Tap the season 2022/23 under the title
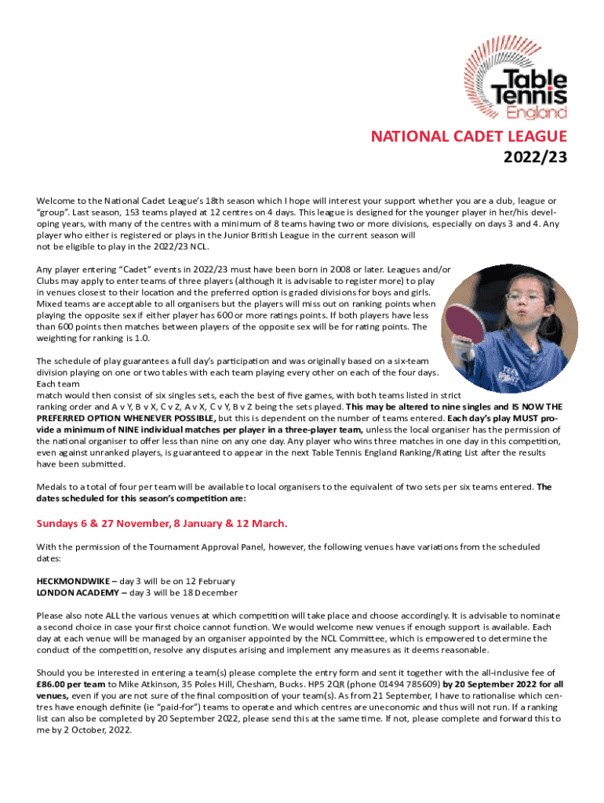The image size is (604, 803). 534,159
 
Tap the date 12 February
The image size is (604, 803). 202,581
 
